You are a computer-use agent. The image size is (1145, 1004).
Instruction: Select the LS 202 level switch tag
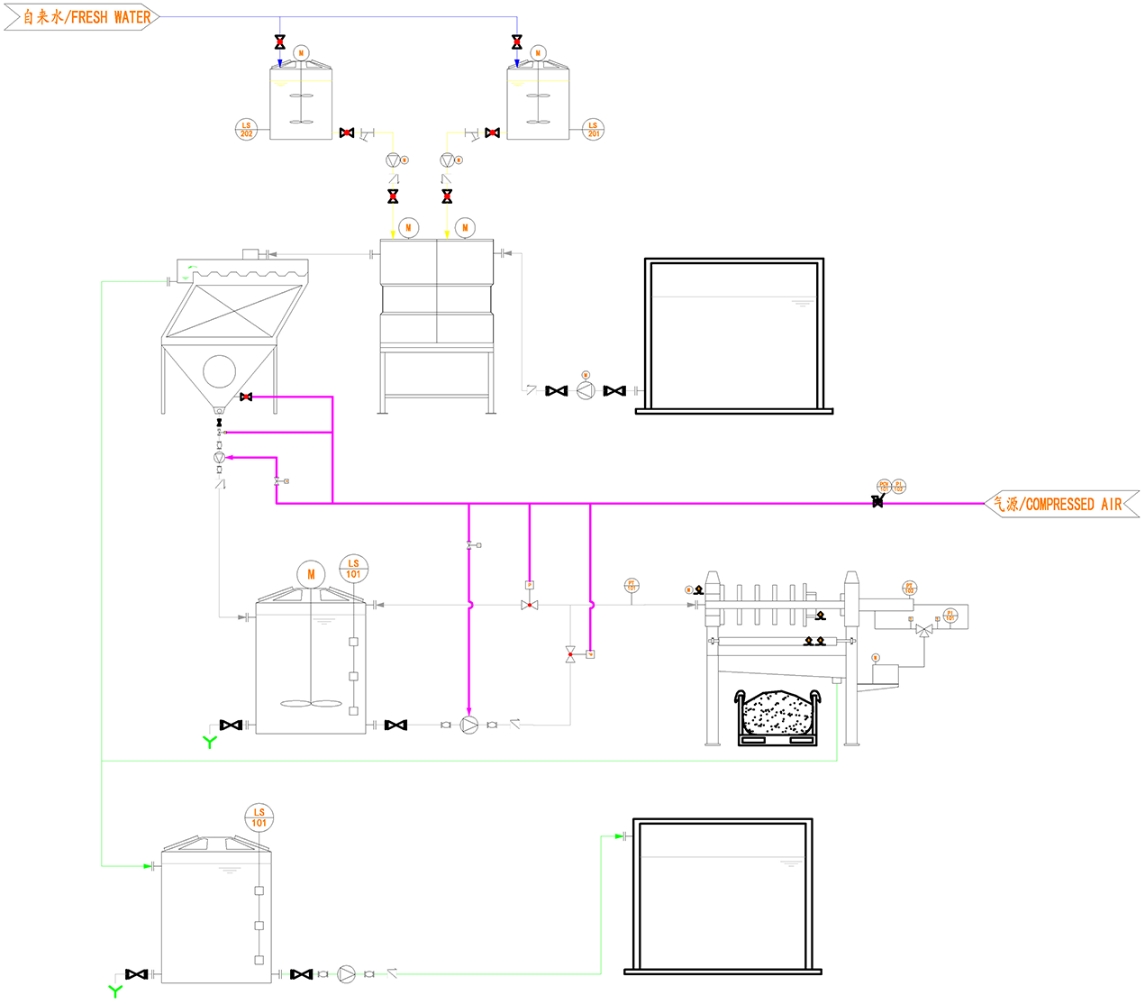[x=246, y=129]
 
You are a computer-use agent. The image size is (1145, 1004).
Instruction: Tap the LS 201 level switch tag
[x=593, y=129]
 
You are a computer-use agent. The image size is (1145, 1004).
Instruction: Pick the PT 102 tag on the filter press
[x=909, y=589]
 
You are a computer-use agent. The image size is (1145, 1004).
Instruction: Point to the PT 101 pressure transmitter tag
[x=632, y=586]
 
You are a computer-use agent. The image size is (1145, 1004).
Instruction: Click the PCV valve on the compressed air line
[x=877, y=501]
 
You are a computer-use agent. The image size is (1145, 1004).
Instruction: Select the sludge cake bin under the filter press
[x=778, y=716]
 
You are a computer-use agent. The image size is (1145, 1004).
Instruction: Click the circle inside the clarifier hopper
[x=219, y=370]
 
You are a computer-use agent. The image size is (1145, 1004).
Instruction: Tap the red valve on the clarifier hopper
[x=246, y=397]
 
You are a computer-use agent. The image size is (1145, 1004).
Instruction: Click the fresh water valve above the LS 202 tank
[x=280, y=42]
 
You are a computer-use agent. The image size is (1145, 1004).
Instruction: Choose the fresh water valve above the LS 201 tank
[x=517, y=42]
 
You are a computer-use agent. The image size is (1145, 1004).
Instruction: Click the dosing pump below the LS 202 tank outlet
[x=393, y=160]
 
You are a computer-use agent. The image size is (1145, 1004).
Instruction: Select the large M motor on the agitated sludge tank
[x=311, y=574]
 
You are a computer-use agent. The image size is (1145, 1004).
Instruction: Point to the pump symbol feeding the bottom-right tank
[x=347, y=974]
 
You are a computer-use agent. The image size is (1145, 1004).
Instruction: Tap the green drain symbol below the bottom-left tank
[x=115, y=991]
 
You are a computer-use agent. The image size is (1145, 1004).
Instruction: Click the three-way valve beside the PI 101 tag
[x=923, y=631]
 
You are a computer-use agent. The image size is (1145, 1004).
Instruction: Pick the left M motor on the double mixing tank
[x=408, y=227]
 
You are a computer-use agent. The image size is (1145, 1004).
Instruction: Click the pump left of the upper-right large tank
[x=586, y=390]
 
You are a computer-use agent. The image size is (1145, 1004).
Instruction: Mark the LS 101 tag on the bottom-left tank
[x=259, y=817]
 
